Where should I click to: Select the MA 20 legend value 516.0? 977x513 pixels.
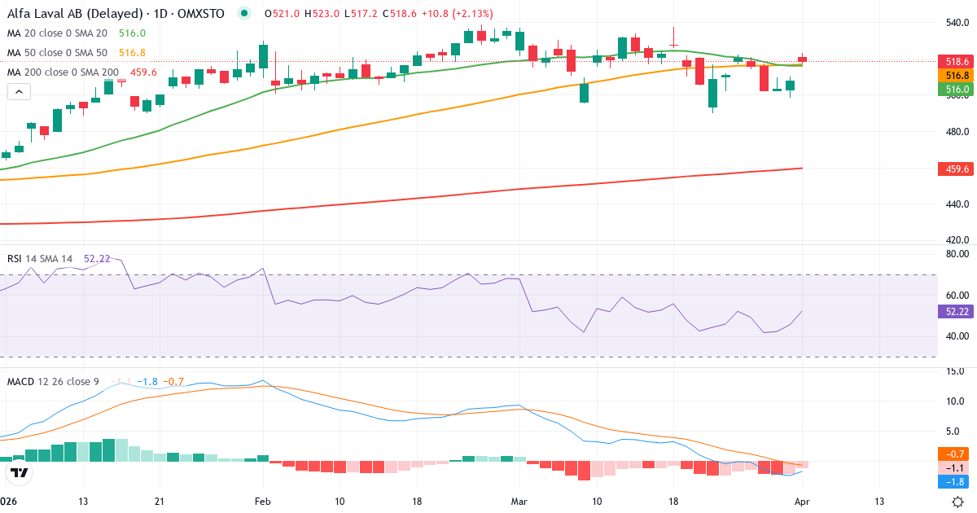tap(132, 33)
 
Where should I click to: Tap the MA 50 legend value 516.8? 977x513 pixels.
tap(132, 53)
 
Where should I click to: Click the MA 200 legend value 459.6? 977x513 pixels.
tap(143, 72)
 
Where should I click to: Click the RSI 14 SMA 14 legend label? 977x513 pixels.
tap(40, 259)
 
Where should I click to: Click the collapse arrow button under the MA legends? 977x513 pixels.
tap(17, 92)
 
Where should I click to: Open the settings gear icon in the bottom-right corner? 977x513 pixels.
tap(958, 501)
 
